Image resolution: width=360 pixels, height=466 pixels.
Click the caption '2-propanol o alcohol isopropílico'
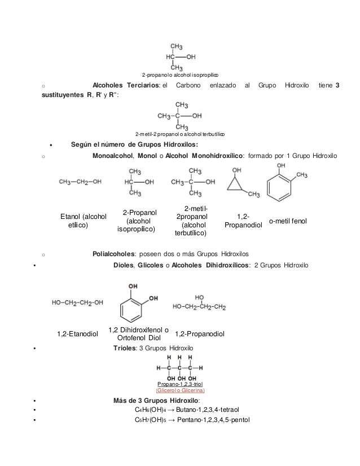coord(180,74)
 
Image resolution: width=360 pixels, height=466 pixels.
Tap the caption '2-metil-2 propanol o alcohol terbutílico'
coord(180,134)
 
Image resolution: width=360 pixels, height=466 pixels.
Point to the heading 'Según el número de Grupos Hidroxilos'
coord(118,145)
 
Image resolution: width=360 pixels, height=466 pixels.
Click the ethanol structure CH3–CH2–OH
coord(81,182)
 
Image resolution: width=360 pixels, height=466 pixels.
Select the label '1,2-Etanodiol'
coord(78,335)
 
